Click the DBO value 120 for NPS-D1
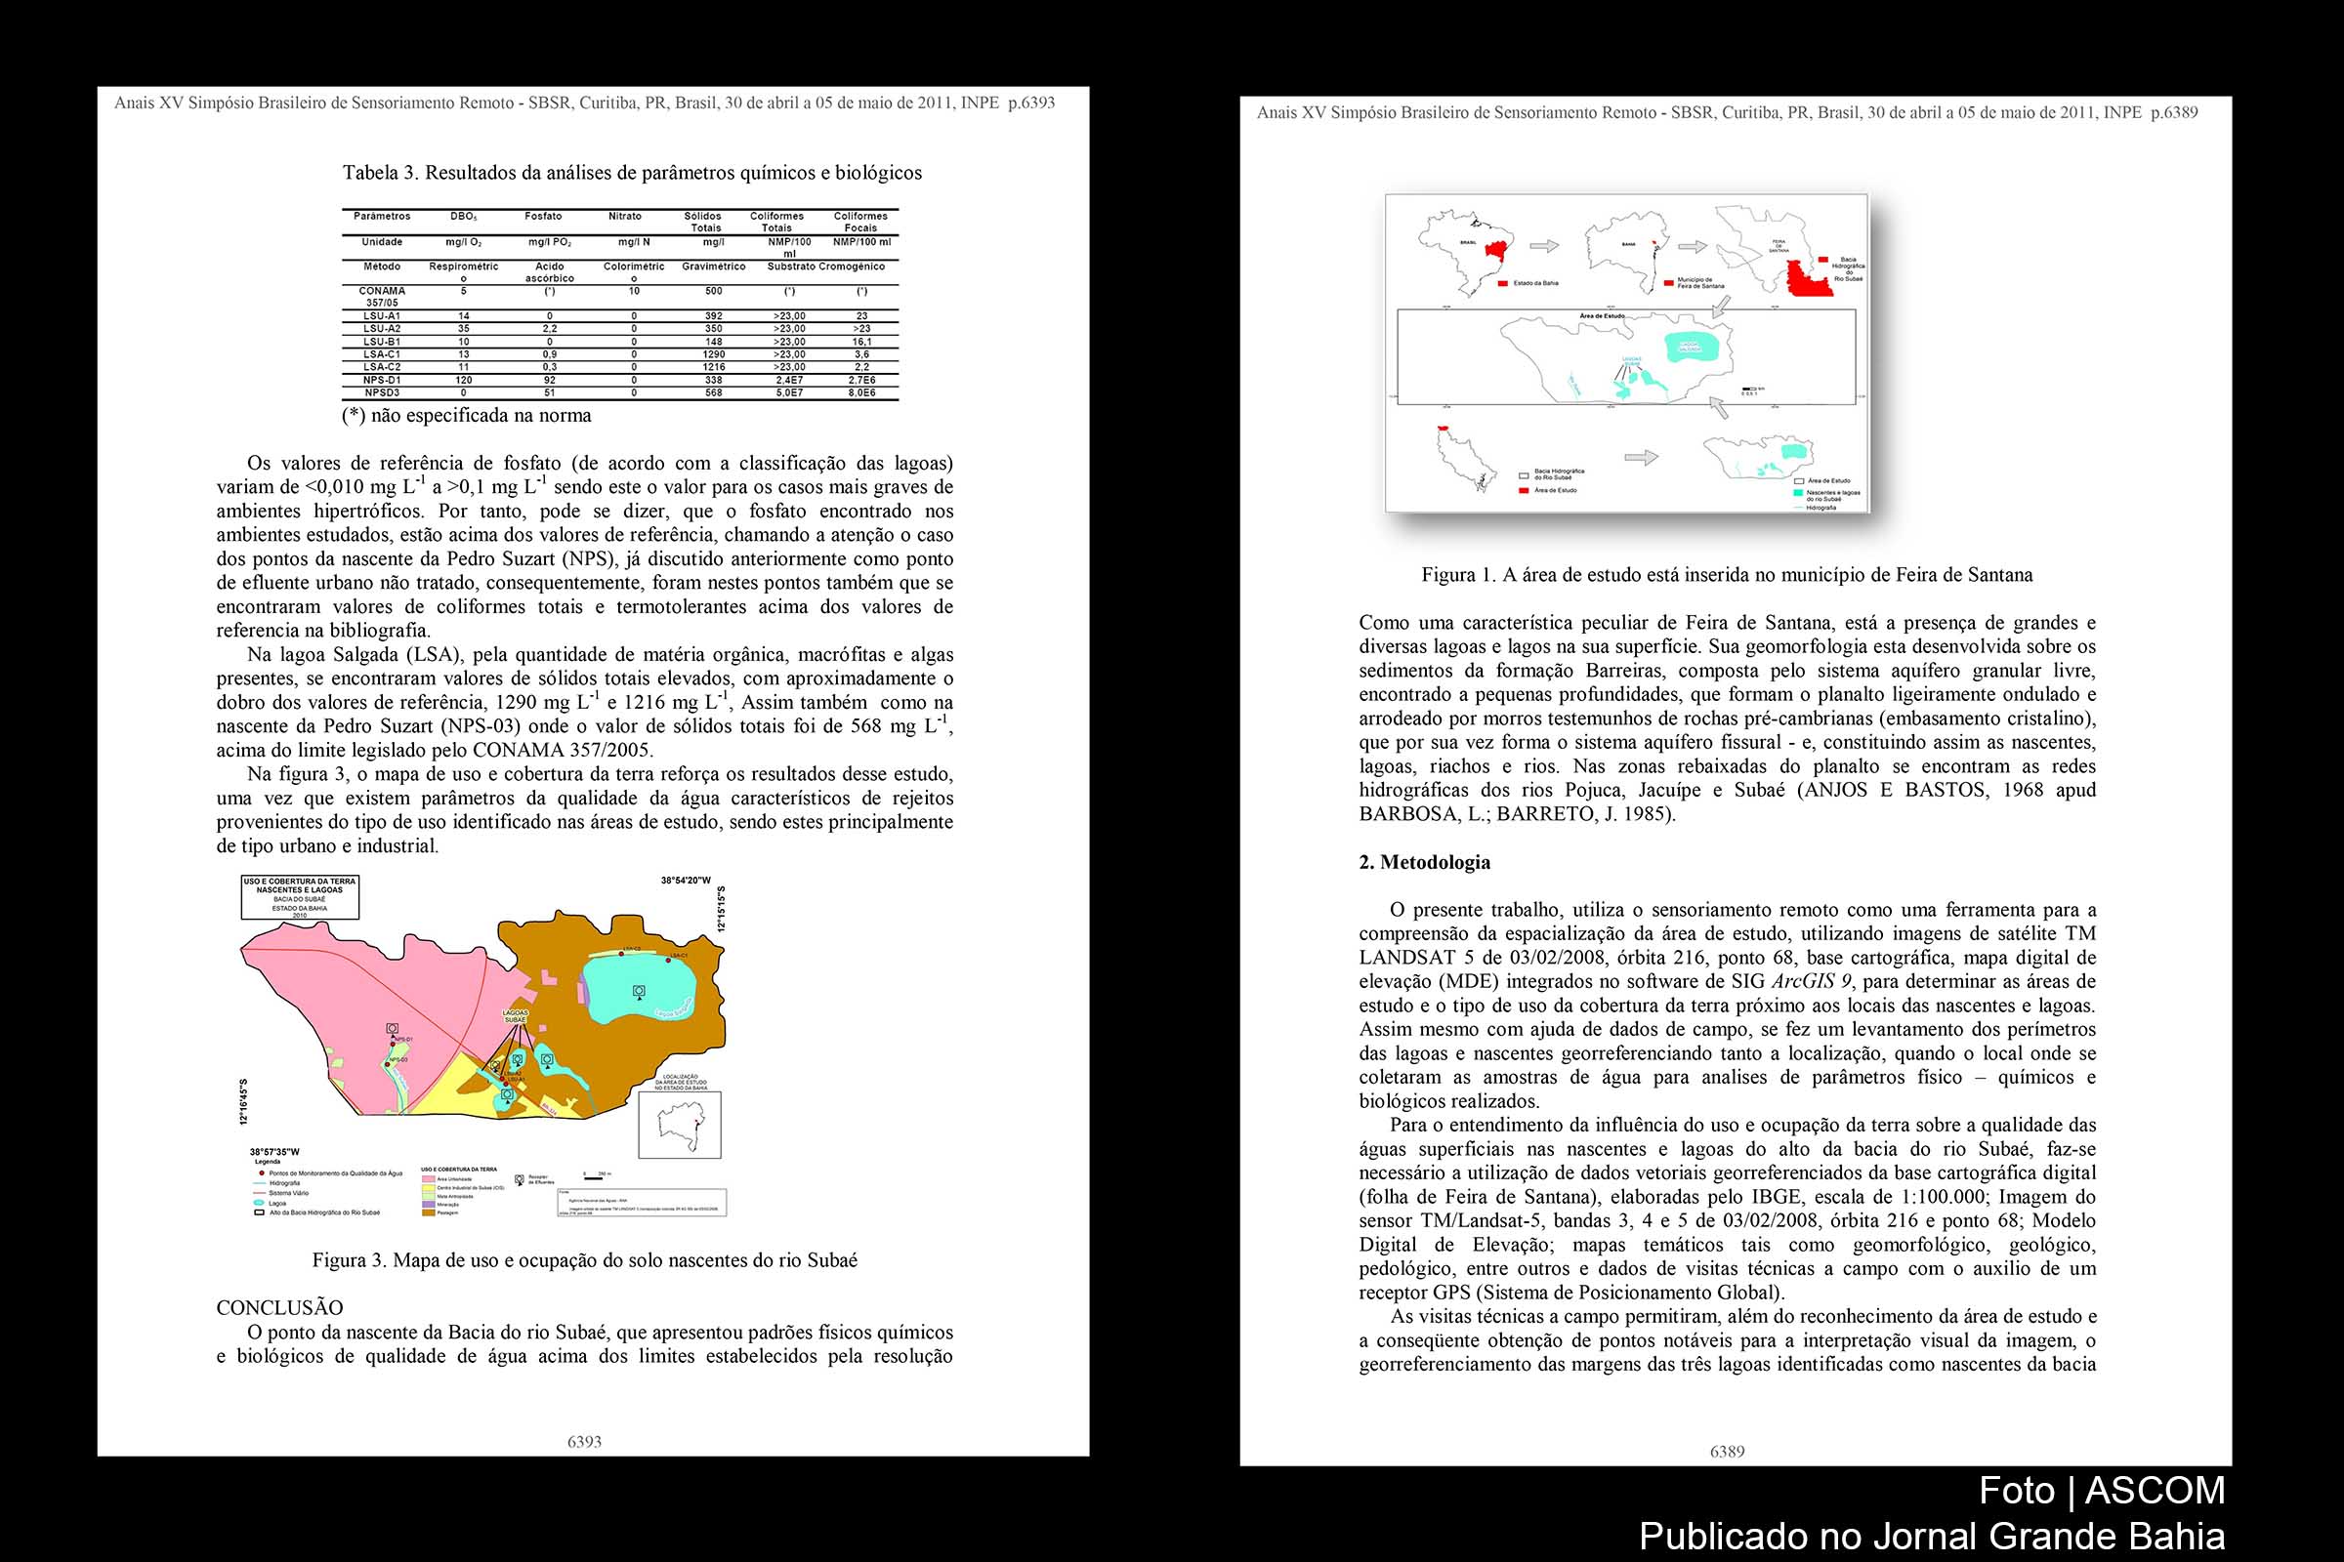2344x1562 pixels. click(463, 380)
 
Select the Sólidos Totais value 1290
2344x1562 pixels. click(714, 353)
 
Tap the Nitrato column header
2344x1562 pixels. click(625, 216)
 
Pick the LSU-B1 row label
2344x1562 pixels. click(382, 342)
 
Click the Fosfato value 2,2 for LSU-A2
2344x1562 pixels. click(549, 329)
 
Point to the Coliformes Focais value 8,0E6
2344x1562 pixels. click(861, 392)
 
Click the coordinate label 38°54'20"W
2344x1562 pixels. click(686, 881)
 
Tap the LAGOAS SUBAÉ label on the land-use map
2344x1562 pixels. click(516, 1016)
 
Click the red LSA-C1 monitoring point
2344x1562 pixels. click(668, 961)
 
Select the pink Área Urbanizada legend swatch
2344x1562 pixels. click(429, 1177)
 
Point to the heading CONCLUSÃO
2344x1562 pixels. click(279, 1308)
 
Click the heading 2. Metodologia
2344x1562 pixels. click(1424, 863)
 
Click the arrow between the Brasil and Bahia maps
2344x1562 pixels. click(1544, 246)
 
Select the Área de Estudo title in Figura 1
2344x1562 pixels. click(1602, 315)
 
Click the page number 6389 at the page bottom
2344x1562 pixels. click(1727, 1452)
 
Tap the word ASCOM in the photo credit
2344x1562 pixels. click(2155, 1491)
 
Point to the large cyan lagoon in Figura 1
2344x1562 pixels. click(1695, 345)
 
